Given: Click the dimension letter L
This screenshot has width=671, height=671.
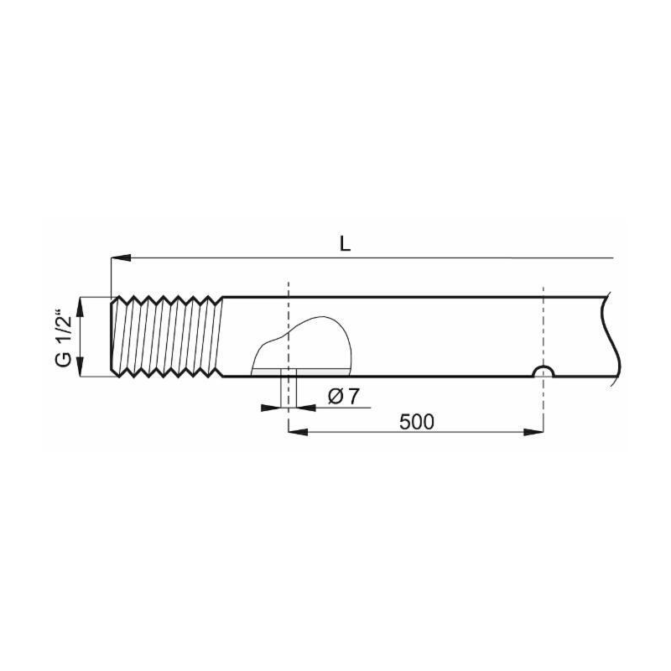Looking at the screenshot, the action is coord(345,243).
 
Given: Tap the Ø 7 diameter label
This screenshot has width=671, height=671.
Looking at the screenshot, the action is coord(343,397).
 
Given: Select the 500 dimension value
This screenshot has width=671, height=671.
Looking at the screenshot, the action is coord(416,422).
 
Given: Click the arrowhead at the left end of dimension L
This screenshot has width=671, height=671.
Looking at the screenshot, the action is coord(121,258).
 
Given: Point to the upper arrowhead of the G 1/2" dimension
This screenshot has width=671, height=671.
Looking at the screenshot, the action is coord(81,308).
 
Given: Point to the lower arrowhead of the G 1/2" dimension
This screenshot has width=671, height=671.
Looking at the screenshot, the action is coord(81,367).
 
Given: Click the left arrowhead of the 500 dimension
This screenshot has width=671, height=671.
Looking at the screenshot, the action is coord(299,432).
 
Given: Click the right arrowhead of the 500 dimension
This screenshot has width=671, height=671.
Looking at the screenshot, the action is coord(533,432).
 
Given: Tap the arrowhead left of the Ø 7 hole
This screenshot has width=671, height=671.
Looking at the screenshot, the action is coord(271,408).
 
